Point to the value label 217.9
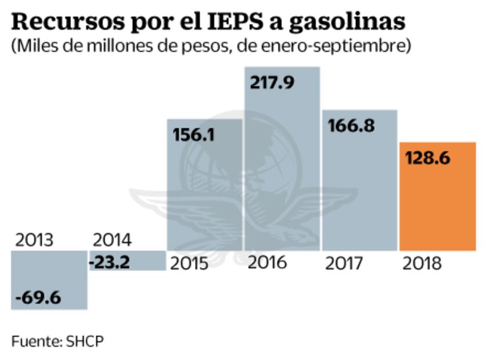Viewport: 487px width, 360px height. (x=272, y=82)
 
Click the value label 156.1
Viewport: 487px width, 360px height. (x=194, y=135)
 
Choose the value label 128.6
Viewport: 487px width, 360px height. (x=427, y=158)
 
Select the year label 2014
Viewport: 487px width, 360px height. (x=113, y=240)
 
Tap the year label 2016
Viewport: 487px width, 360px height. (x=267, y=262)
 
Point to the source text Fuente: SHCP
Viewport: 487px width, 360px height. (x=57, y=341)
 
